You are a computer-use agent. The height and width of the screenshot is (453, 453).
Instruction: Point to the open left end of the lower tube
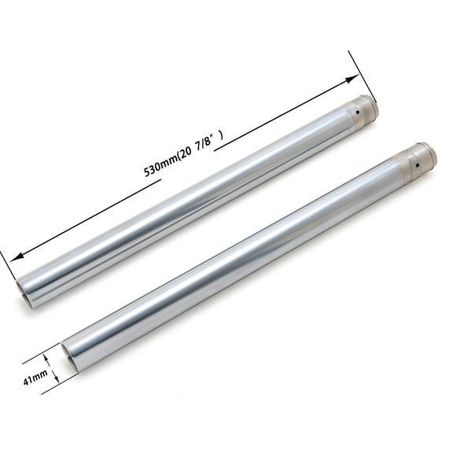68,359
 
